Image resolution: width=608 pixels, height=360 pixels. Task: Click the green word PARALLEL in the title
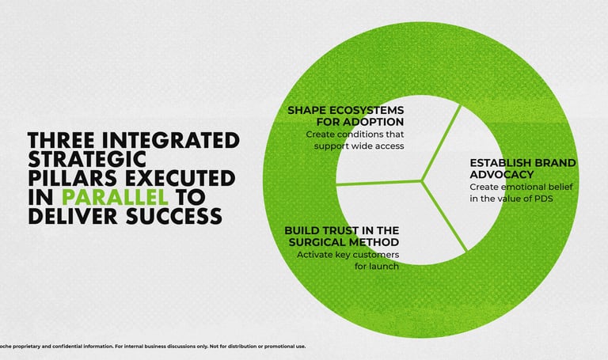pos(115,197)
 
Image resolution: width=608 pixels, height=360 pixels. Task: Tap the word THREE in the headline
pos(61,140)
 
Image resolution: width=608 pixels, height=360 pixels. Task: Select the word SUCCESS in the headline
pos(174,216)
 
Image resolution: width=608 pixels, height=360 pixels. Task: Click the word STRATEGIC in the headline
pos(87,159)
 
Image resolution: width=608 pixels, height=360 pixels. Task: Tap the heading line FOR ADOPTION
pos(360,122)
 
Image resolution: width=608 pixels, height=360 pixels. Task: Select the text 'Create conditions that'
pos(355,134)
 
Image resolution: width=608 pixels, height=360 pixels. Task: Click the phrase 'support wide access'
pos(359,146)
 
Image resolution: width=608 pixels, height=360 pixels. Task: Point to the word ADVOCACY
pos(502,174)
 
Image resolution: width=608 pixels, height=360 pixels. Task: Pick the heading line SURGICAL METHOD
pos(344,242)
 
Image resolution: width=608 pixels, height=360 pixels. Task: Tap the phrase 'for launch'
pos(377,266)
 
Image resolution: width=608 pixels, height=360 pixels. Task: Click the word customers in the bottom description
pos(374,255)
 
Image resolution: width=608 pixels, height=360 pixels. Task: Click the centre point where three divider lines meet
pos(421,180)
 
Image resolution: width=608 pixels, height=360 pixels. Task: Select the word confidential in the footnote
pos(97,346)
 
